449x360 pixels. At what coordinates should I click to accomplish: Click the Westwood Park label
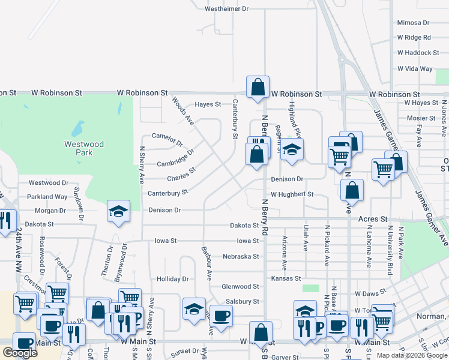[x=84, y=148]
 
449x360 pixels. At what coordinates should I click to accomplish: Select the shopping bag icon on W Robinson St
[x=258, y=86]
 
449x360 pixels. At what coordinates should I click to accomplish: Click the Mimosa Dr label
[x=413, y=23]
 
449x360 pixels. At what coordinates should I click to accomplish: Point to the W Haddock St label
[x=418, y=53]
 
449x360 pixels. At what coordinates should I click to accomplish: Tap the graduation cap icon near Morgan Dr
[x=118, y=211]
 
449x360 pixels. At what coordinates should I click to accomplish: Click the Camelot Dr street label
[x=167, y=140]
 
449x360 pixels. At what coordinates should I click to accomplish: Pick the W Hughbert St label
[x=292, y=194]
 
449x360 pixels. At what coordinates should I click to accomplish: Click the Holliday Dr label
[x=172, y=279]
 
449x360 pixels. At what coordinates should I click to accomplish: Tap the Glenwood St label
[x=240, y=287]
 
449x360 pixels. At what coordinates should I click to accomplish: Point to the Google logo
[x=20, y=353]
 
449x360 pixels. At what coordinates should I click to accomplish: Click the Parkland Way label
[x=47, y=197]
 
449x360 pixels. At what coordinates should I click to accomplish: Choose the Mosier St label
[x=421, y=118]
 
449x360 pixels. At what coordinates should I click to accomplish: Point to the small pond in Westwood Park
[x=77, y=129]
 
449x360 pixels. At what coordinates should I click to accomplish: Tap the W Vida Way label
[x=414, y=69]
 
